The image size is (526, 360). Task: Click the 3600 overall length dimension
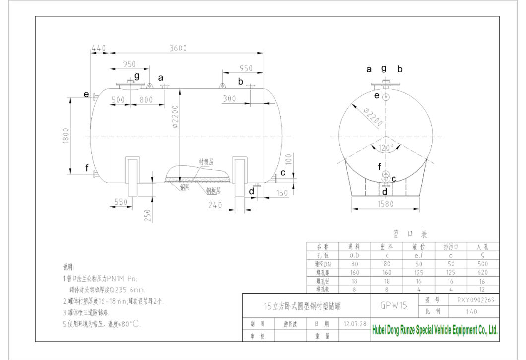pyautogui.click(x=177, y=48)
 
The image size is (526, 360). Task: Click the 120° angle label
pyautogui.click(x=386, y=147)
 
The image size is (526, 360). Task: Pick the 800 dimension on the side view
pyautogui.click(x=146, y=100)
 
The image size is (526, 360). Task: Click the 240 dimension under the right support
pyautogui.click(x=215, y=204)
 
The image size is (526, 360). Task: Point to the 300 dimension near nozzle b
pyautogui.click(x=229, y=99)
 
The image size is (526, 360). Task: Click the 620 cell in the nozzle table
pyautogui.click(x=482, y=272)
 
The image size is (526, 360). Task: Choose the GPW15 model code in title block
pyautogui.click(x=394, y=306)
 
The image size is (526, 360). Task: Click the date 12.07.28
pyautogui.click(x=355, y=324)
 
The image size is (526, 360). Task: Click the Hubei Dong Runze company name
pyautogui.click(x=434, y=331)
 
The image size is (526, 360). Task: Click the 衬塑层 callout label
pyautogui.click(x=206, y=162)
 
